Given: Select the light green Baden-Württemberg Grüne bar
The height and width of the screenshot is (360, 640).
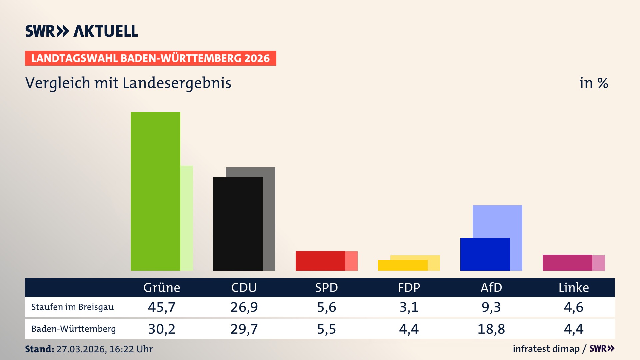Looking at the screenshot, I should click(x=187, y=218).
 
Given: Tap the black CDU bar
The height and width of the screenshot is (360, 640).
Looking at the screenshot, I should click(x=238, y=224).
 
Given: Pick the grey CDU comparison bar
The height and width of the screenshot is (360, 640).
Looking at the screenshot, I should click(x=269, y=219).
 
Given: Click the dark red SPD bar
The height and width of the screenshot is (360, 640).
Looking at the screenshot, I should click(x=320, y=261).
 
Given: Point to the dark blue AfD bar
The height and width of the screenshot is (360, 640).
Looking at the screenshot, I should click(x=485, y=254).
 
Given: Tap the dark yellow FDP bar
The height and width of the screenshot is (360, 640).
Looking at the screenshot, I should click(x=402, y=265).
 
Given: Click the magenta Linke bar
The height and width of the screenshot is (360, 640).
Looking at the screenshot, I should click(x=567, y=263).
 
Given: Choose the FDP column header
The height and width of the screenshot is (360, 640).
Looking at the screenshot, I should click(x=409, y=287).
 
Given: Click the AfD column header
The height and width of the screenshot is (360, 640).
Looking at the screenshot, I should click(x=491, y=287).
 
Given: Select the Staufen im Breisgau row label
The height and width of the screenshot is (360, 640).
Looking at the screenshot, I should click(x=72, y=307).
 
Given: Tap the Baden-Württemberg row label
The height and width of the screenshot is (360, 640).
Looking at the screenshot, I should click(x=73, y=329).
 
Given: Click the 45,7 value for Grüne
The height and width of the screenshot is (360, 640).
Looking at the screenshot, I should click(x=162, y=307).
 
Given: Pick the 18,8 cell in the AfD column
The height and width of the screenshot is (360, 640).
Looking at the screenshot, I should click(x=491, y=329).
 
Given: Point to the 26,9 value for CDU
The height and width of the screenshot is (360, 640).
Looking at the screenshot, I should click(x=244, y=307).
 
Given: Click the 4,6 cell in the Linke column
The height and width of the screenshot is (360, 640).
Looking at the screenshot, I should click(x=573, y=307).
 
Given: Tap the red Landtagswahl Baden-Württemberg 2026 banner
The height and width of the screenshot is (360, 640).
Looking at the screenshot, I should click(x=150, y=58).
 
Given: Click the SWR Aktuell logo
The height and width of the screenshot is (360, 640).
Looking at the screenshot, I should click(x=81, y=31).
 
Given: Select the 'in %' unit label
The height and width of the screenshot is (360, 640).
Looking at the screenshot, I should click(x=593, y=83).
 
